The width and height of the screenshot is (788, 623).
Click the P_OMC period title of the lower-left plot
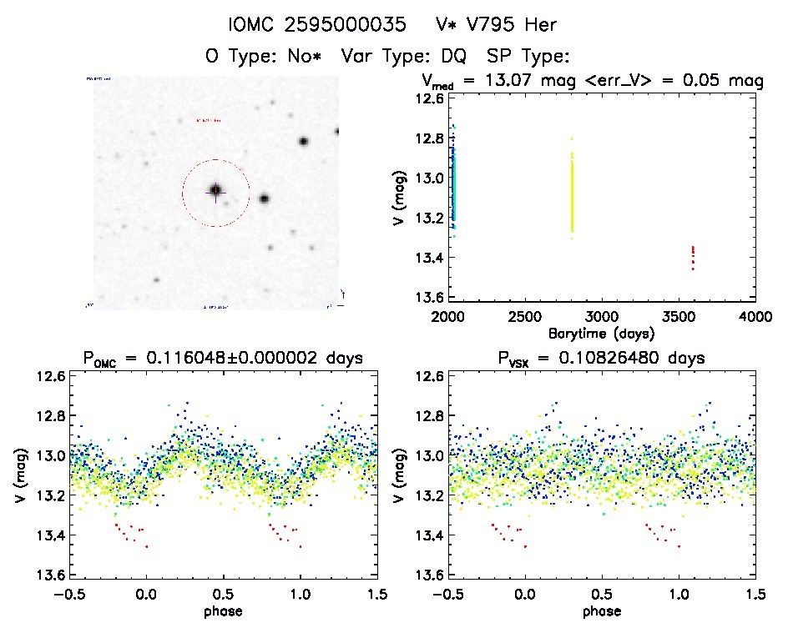223,359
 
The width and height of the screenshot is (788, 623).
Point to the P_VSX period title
601,359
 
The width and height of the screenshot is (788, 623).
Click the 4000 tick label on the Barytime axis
755,318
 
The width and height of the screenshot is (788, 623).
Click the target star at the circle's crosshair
215,191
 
